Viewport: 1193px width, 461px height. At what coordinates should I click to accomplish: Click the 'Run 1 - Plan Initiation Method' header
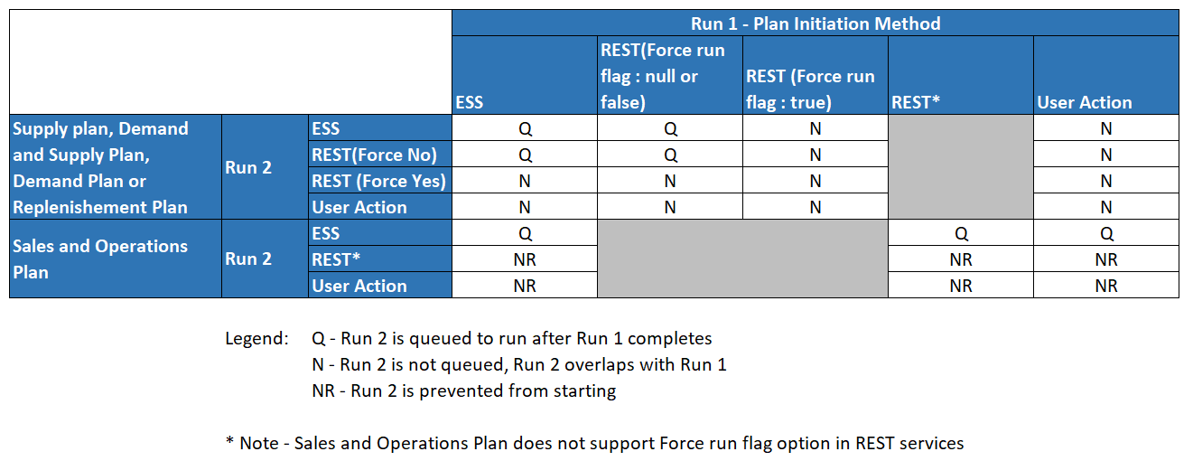[x=815, y=24]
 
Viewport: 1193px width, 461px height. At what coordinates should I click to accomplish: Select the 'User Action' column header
[x=1084, y=102]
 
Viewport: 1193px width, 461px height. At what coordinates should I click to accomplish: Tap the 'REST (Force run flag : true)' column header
[x=810, y=89]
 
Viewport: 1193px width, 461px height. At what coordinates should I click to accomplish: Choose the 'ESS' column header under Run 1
[x=470, y=102]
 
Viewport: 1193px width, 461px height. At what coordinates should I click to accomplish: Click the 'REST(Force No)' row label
[x=374, y=155]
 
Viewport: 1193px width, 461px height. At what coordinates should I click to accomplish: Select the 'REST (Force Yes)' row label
[x=378, y=181]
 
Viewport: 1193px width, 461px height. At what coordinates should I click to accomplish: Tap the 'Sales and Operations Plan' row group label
[x=99, y=259]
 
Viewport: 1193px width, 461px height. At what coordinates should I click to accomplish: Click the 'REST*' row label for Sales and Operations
[x=336, y=259]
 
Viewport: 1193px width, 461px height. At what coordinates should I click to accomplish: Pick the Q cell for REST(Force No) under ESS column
[x=525, y=155]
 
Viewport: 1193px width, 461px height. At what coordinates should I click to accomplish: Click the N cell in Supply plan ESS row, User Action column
[x=1105, y=128]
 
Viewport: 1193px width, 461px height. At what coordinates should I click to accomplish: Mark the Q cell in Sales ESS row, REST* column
[x=961, y=233]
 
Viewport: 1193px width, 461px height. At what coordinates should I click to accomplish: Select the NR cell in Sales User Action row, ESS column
[x=525, y=286]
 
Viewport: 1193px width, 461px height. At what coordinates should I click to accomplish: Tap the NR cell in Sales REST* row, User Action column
[x=1105, y=259]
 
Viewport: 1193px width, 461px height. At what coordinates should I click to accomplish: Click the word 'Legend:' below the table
[x=256, y=339]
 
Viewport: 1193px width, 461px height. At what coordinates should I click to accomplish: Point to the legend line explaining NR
[x=463, y=391]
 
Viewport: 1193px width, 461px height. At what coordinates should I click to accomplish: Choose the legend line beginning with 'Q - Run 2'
[x=511, y=339]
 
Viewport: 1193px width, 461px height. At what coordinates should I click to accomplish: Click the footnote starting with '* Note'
[x=594, y=443]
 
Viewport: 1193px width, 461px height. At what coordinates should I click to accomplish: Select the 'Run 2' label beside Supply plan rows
[x=247, y=167]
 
